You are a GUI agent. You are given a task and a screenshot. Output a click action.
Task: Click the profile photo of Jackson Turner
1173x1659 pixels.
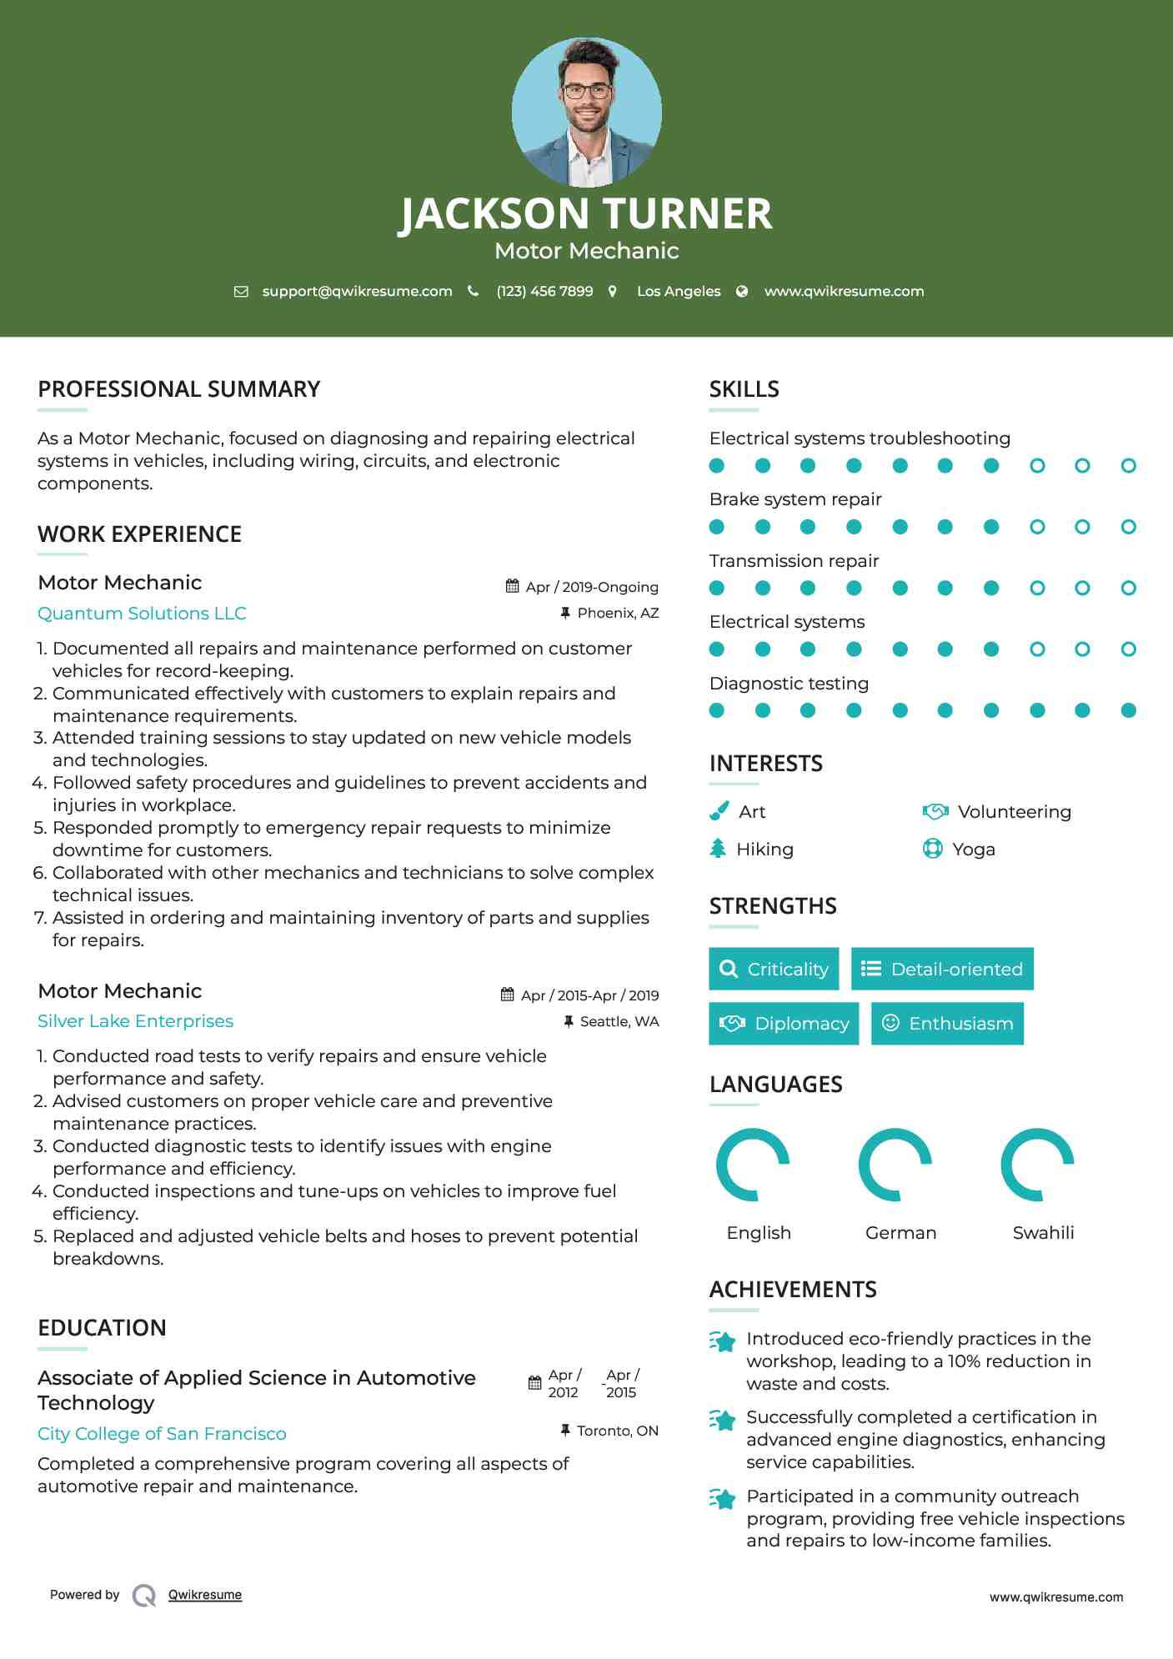pos(586,112)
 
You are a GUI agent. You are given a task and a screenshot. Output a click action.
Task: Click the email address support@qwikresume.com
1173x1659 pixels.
pos(357,291)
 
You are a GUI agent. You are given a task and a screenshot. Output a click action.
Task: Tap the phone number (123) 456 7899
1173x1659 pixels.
pos(544,291)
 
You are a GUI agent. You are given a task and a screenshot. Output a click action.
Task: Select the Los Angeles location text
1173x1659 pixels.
pos(678,291)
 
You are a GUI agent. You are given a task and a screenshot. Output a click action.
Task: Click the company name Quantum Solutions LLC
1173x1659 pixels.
pos(142,614)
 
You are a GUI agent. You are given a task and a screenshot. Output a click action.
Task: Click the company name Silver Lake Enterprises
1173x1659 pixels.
pos(135,1021)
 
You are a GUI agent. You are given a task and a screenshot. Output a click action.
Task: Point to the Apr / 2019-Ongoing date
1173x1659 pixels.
pos(591,587)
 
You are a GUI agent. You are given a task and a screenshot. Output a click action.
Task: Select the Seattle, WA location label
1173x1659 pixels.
pos(619,1021)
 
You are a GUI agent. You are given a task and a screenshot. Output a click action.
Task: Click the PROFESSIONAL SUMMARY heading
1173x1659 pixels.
pos(178,389)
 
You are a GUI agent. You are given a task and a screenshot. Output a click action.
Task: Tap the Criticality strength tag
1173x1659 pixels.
pos(774,969)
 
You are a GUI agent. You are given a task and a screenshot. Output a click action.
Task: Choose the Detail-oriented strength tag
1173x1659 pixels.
pos(942,969)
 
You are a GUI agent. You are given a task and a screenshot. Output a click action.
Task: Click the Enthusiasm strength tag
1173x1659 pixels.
pos(947,1023)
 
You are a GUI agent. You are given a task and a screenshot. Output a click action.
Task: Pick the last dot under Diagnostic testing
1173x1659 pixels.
pos(1128,710)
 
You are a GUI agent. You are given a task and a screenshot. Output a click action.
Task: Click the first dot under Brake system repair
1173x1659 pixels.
pos(716,527)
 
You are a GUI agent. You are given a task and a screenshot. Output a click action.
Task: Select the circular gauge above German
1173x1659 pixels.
pos(895,1165)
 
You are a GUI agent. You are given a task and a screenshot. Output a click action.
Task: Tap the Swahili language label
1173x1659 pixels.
pos(1043,1232)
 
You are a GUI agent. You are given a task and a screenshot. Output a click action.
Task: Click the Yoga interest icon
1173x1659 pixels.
pos(932,849)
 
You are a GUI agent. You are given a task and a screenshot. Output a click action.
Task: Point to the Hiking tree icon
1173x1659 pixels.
pos(718,849)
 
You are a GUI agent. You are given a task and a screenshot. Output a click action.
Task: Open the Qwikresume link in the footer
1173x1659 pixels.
pos(204,1595)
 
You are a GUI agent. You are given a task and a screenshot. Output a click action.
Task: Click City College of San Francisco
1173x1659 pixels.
pos(162,1434)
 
